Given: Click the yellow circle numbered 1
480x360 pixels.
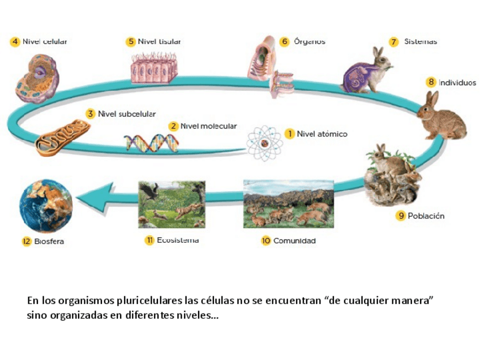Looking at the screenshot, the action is (289, 134).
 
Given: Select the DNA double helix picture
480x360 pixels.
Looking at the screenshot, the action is (147, 143).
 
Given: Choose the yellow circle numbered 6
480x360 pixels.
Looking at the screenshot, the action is (284, 42).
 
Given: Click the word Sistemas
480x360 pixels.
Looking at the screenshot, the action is (421, 41).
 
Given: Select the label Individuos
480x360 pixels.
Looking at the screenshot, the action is (457, 82).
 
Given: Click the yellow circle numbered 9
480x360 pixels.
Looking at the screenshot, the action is (401, 216).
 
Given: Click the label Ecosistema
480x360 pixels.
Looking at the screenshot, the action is (178, 240).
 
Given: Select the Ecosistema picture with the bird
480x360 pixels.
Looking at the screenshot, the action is (172, 204).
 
